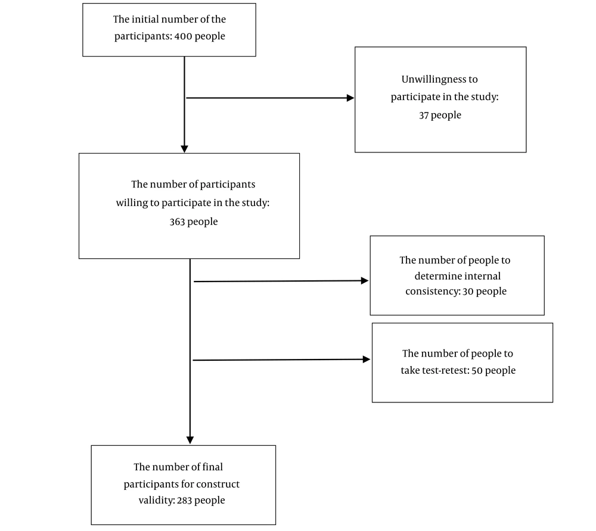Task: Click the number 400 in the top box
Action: coord(183,36)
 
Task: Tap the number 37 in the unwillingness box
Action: coord(424,115)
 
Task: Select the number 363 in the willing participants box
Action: coord(177,221)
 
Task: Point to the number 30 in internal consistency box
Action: coord(468,292)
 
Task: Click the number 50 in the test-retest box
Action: coord(477,370)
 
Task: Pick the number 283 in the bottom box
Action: coord(184,501)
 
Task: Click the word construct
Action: coord(218,485)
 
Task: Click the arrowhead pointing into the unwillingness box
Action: coord(350,98)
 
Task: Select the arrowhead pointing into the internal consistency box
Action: coord(365,281)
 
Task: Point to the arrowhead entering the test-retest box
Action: coord(367,360)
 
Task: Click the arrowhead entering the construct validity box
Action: coord(190,441)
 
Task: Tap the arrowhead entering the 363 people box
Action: coord(184,149)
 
